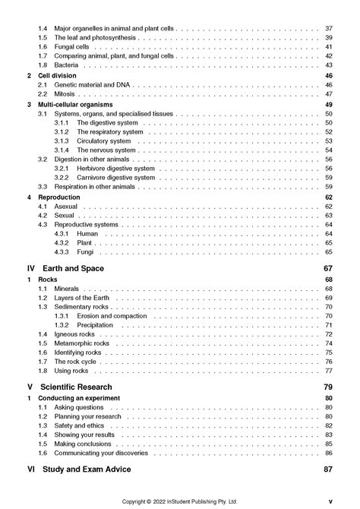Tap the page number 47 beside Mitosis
[x=329, y=94]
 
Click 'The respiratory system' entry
[x=110, y=132]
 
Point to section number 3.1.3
[x=62, y=141]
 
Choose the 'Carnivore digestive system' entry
[x=115, y=178]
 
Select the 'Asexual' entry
[x=66, y=207]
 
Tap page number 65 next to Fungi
[x=329, y=251]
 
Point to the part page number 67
[x=328, y=269]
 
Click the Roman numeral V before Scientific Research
[x=30, y=387]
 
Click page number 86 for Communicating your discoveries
[x=329, y=453]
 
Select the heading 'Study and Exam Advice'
[x=93, y=470]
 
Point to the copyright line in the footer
[x=180, y=501]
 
